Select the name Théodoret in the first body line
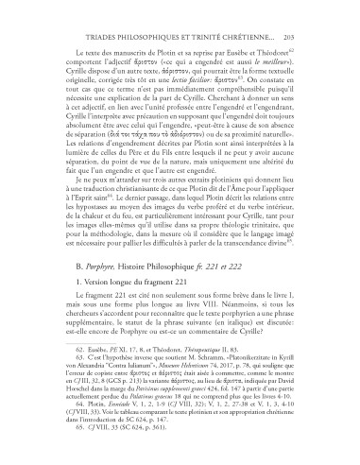(291, 46)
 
